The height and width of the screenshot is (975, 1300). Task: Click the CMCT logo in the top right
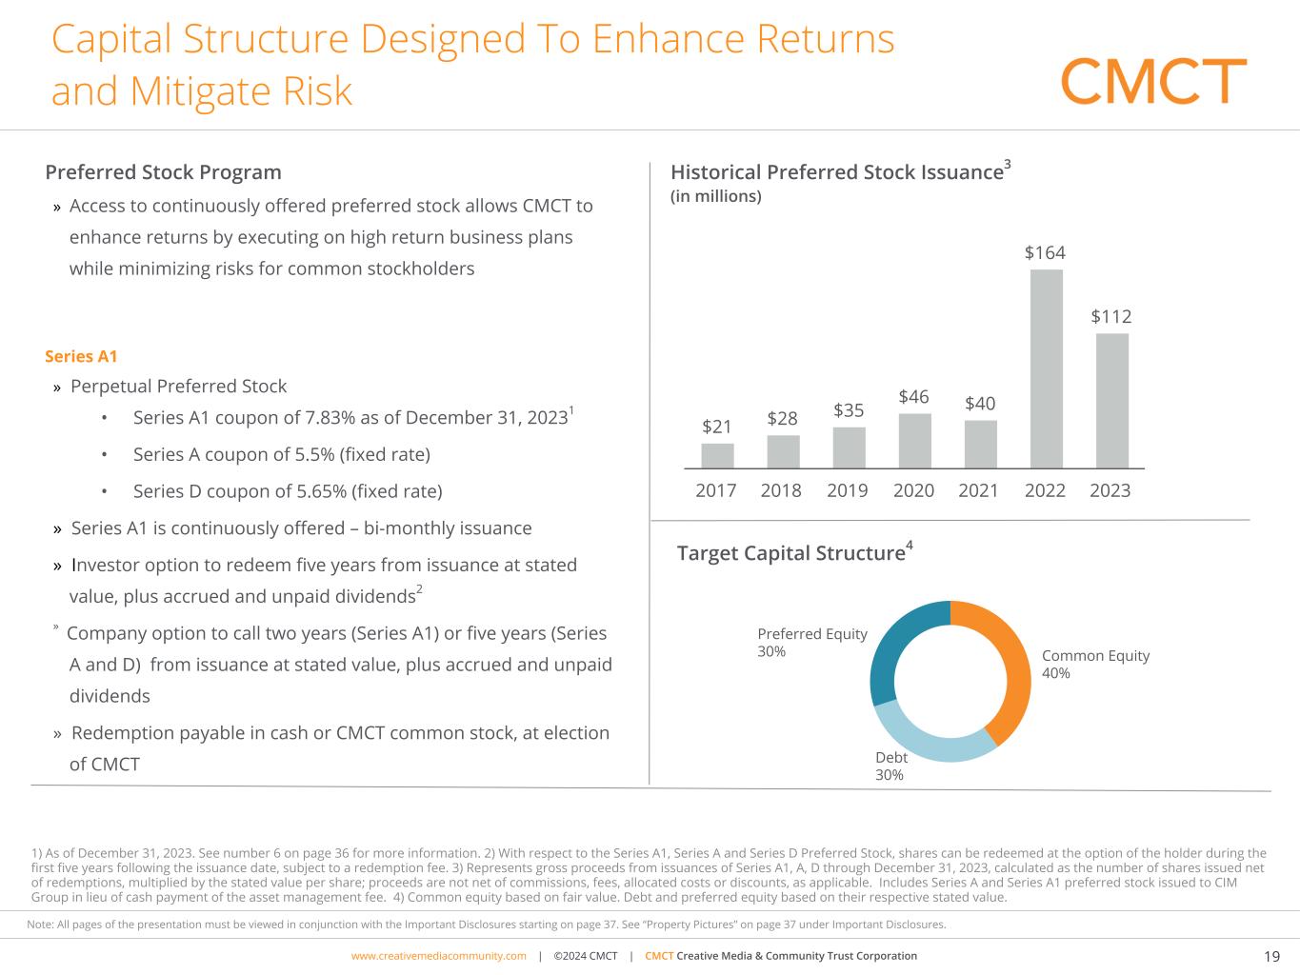[x=1153, y=81]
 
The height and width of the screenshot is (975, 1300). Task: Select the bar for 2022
[x=1046, y=369]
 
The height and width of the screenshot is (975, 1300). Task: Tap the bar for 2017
[x=717, y=456]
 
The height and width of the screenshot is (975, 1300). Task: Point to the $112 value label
[x=1111, y=316]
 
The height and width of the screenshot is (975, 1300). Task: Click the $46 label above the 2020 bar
[x=913, y=396]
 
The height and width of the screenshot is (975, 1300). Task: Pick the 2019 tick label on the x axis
[x=847, y=490]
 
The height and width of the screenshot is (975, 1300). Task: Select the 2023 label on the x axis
[x=1110, y=490]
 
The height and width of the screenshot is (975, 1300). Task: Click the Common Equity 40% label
[x=1095, y=665]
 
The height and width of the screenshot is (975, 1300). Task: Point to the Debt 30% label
[x=890, y=766]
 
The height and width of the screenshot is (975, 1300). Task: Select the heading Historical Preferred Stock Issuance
[x=837, y=172]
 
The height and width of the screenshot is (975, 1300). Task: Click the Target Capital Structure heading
[x=790, y=553]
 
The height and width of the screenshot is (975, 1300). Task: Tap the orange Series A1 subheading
[x=81, y=356]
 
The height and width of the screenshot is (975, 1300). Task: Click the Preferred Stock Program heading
[x=163, y=172]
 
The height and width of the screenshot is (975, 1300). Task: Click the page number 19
[x=1271, y=957]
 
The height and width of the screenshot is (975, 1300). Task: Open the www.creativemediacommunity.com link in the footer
[x=438, y=956]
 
